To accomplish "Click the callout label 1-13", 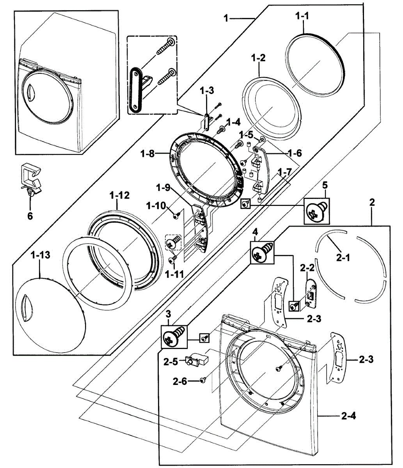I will click(x=41, y=255).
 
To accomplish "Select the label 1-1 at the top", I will click(x=302, y=16).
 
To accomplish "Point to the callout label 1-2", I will click(x=258, y=58).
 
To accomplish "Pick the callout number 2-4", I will click(x=348, y=416).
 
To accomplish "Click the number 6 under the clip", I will click(x=30, y=215).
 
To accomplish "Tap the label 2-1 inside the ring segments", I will click(x=343, y=258).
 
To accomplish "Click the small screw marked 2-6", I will click(x=202, y=381).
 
